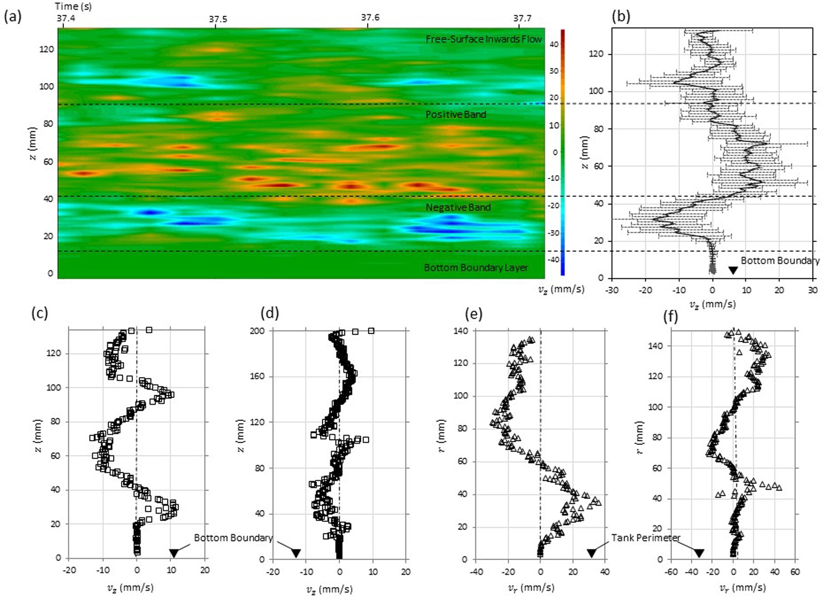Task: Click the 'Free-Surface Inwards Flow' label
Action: coord(483,39)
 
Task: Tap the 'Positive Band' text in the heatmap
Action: coord(456,114)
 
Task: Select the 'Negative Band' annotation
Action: coord(458,207)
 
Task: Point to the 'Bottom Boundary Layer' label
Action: coord(476,268)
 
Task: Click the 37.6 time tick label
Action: coord(370,18)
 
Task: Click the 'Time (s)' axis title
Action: coord(73,6)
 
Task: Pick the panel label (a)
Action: coord(12,17)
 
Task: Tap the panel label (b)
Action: coord(621,16)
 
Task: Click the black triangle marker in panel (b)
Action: coord(732,270)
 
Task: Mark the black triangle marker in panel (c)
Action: coord(174,553)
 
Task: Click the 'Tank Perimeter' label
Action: coord(645,538)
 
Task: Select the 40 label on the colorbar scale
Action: coord(554,44)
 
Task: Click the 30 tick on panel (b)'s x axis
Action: coord(812,290)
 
